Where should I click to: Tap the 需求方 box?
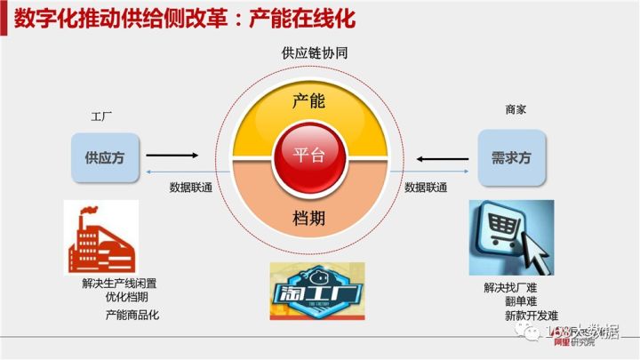[510, 158]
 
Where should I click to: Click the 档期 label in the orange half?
[308, 217]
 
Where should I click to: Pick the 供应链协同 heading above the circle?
[308, 53]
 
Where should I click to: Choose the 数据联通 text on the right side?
[426, 188]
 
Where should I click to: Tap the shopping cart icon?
[510, 236]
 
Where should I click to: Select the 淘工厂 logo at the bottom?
[308, 290]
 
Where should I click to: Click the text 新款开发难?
[531, 316]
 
